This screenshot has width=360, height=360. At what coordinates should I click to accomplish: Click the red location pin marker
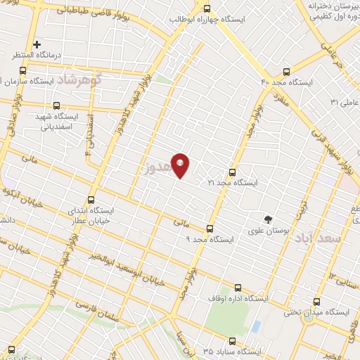coord(180,165)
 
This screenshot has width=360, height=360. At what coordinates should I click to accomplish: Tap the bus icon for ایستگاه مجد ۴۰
coord(285,72)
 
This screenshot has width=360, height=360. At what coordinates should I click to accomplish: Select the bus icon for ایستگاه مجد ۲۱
coord(233,172)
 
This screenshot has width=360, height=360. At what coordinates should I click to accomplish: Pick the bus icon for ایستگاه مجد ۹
coord(210,229)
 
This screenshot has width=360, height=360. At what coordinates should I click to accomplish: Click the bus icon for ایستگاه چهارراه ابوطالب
coord(207,9)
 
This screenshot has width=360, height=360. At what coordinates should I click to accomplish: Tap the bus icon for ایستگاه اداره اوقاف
coord(237,288)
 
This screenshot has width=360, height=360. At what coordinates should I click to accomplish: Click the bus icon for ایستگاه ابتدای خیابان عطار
coord(90,200)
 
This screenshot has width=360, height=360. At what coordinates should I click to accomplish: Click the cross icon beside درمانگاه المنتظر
coord(37,44)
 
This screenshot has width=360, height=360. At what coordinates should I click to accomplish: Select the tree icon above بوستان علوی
coord(267,219)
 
